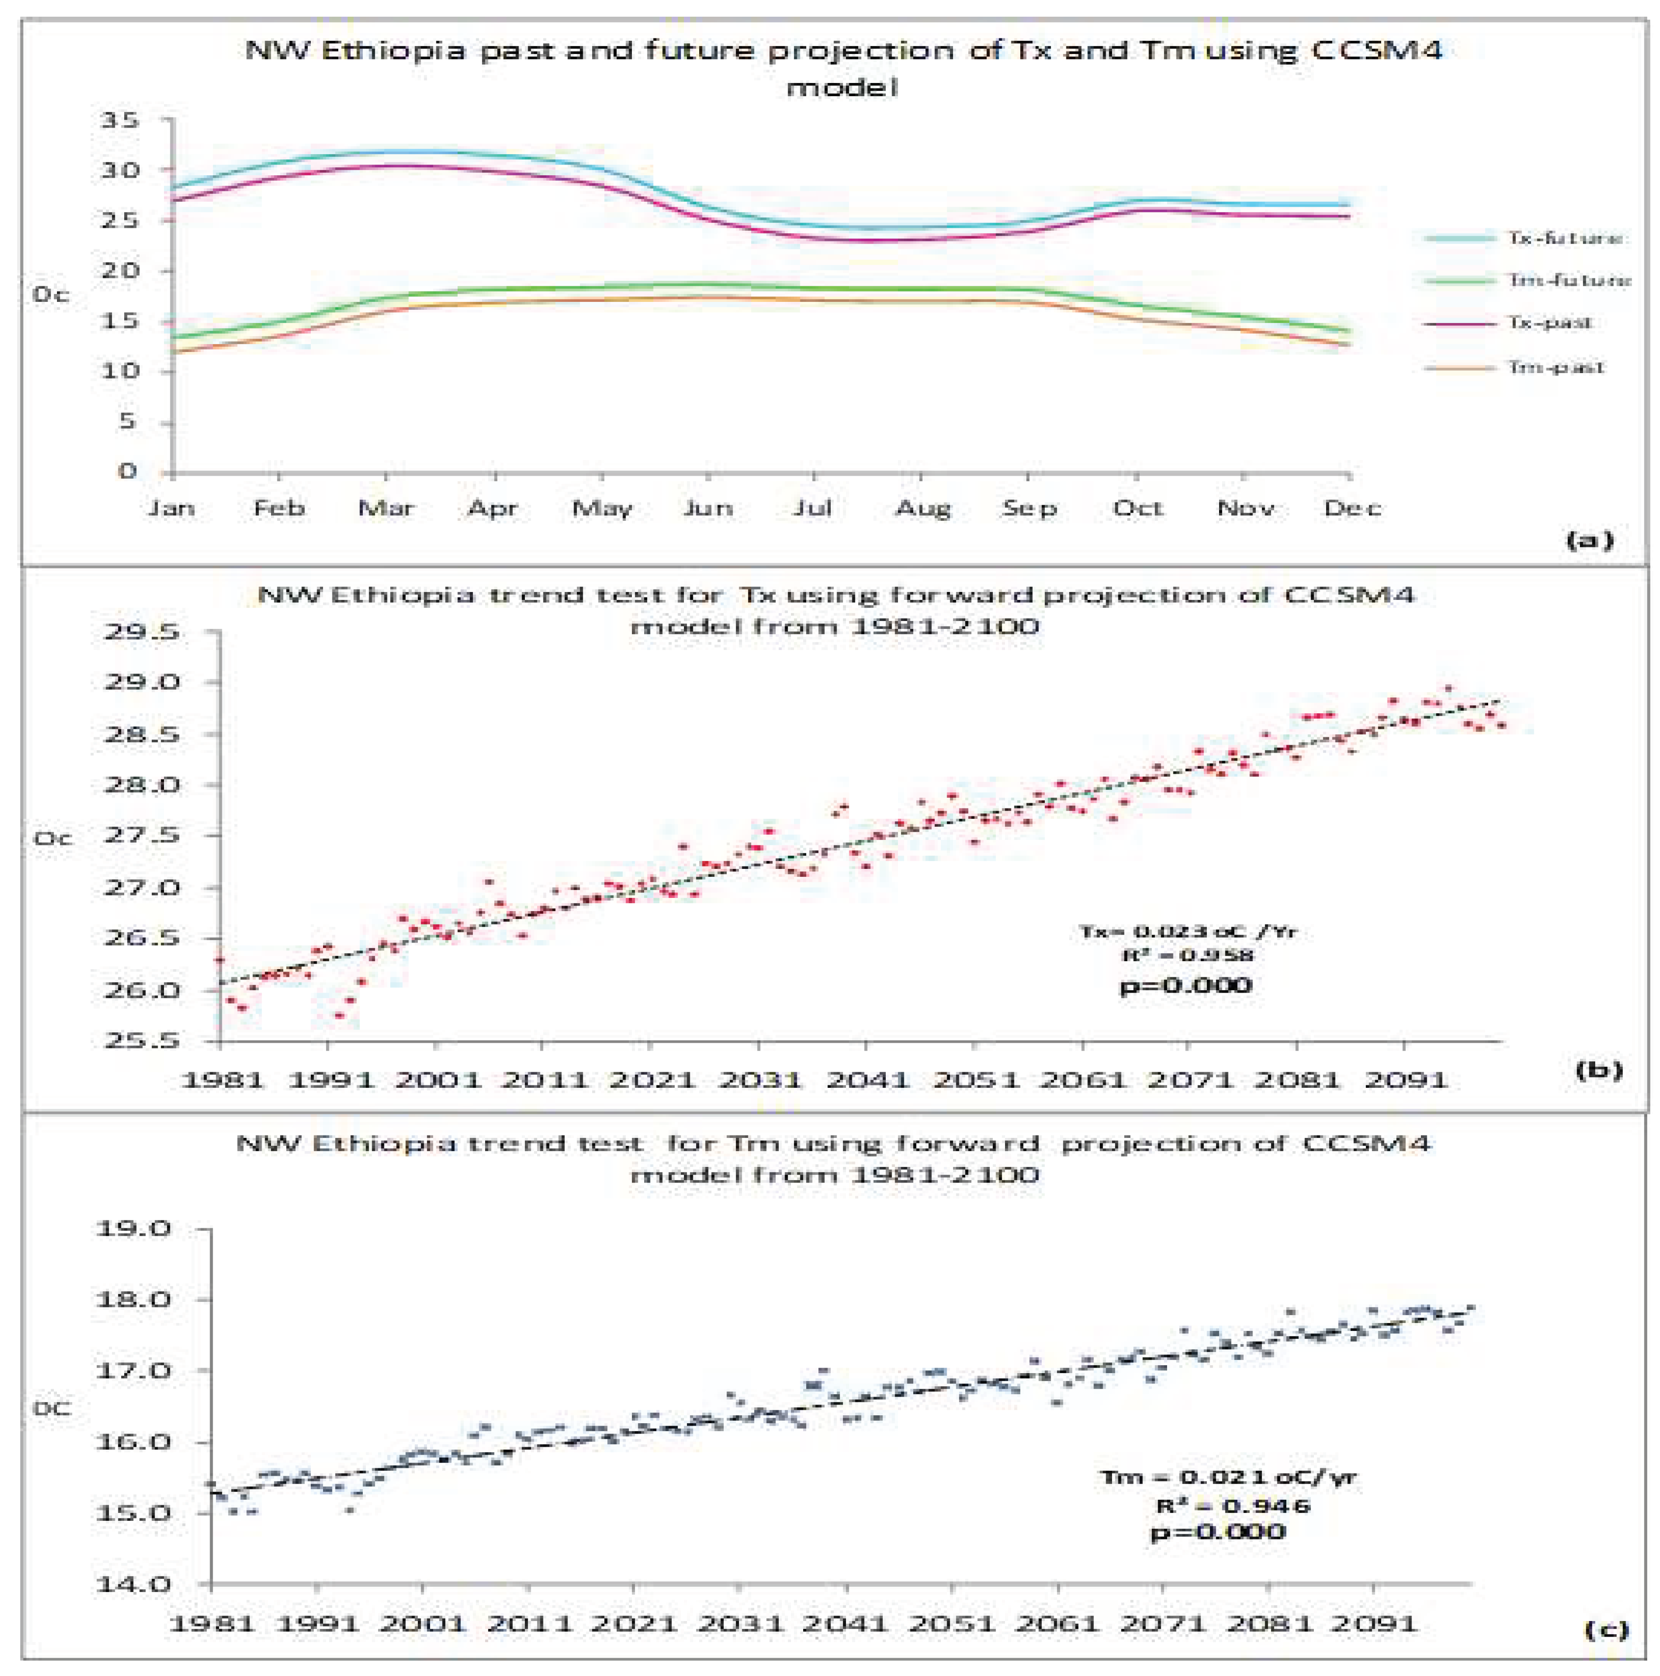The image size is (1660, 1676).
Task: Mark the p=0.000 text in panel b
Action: (1185, 985)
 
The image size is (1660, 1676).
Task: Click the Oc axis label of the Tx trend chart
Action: (53, 838)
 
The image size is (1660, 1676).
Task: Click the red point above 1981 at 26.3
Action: (220, 959)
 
